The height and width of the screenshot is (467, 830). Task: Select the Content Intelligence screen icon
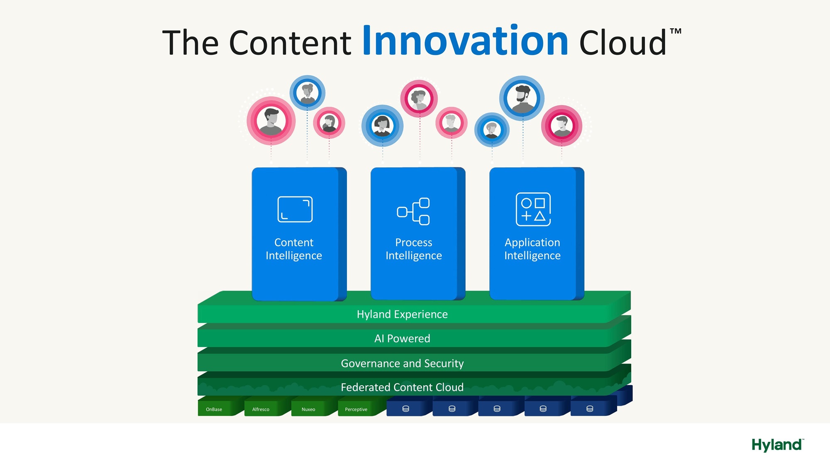295,209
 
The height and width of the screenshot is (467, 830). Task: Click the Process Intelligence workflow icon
413,211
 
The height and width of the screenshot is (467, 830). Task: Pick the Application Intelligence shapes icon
533,209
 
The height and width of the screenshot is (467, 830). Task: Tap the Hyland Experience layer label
402,314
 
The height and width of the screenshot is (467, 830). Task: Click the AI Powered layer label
402,338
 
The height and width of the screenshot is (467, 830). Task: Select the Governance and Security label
402,363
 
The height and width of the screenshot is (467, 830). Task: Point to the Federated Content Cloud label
402,387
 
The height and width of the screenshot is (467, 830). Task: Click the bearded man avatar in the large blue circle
522,98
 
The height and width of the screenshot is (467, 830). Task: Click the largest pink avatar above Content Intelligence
271,121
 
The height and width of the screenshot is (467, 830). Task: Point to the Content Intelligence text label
294,249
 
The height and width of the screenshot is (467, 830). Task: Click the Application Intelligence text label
532,249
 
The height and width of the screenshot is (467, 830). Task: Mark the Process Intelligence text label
414,249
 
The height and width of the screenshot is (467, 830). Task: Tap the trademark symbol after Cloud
676,31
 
